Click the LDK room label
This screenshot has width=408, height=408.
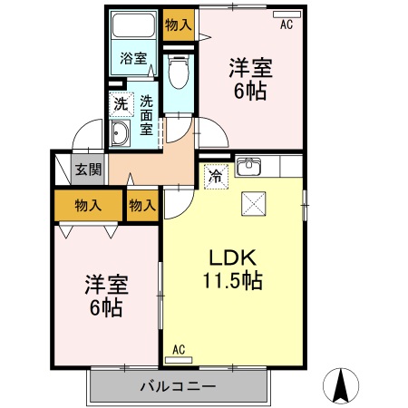click(x=233, y=257)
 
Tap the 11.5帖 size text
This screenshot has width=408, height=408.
click(x=233, y=280)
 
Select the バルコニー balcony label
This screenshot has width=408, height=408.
click(x=178, y=387)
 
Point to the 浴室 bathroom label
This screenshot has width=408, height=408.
click(x=134, y=59)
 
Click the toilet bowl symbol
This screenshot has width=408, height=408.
click(x=178, y=70)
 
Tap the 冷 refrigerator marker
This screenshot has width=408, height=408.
click(x=216, y=175)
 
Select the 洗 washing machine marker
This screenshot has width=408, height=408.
click(x=121, y=104)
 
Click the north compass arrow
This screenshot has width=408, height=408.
click(x=342, y=385)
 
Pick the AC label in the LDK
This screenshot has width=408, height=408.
click(x=179, y=348)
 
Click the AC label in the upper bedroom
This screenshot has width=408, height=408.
click(x=287, y=25)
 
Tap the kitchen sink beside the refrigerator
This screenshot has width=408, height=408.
click(x=249, y=167)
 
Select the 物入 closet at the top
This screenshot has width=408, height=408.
click(x=179, y=24)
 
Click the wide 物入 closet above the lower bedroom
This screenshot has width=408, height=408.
click(x=87, y=205)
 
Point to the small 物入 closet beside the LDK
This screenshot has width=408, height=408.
click(x=141, y=205)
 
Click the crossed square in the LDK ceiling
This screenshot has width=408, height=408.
click(x=253, y=204)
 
